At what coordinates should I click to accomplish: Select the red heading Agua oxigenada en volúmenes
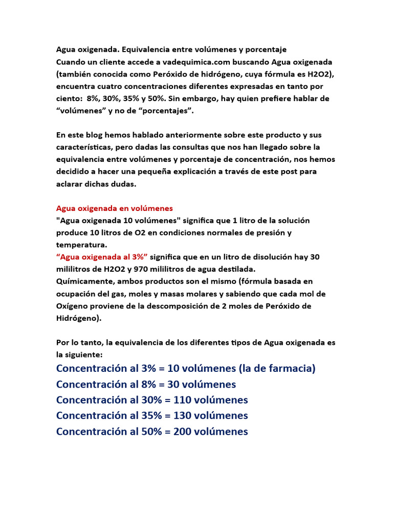click(x=114, y=208)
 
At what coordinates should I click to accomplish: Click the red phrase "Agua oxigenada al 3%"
click(x=101, y=256)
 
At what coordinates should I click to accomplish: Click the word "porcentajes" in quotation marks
click(x=170, y=111)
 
